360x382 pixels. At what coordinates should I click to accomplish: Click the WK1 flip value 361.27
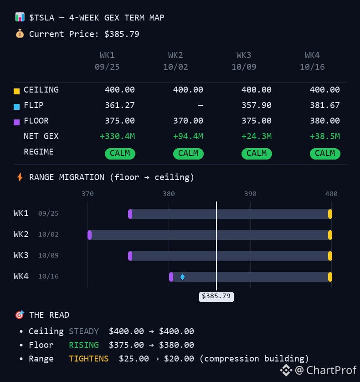coord(119,105)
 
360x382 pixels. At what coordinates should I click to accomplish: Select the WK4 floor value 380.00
coord(324,121)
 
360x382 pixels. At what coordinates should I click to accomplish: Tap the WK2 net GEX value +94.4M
coord(188,136)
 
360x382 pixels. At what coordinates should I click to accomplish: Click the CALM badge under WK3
coord(257,154)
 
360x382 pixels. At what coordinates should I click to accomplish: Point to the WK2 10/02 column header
coord(175,61)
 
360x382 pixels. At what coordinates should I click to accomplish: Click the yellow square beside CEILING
coord(16,91)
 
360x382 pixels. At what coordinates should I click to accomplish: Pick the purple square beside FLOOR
coord(16,122)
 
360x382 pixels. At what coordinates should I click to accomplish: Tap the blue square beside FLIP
coord(16,107)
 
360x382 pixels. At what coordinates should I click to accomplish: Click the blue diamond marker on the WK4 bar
coord(182,277)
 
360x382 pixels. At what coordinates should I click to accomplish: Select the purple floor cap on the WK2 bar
coord(90,235)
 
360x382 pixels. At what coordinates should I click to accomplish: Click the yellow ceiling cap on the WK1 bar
coord(330,214)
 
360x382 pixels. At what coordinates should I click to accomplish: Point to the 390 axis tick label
coord(250,194)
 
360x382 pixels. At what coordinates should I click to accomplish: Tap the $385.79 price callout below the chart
coord(216,296)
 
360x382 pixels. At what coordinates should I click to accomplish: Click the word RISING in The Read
coord(84,345)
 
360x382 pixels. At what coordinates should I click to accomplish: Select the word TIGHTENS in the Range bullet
coord(89,359)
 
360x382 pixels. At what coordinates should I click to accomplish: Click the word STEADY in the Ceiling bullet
coord(84,331)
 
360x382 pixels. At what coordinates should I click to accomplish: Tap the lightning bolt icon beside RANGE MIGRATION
coord(20,177)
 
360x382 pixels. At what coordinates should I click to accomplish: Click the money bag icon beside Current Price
coord(20,34)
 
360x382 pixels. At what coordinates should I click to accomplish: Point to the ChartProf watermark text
coord(326,370)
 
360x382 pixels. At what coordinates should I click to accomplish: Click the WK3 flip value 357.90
coord(256,105)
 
